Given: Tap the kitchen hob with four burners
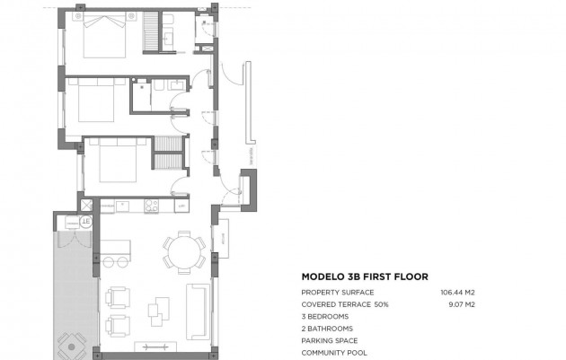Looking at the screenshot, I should click(151, 206).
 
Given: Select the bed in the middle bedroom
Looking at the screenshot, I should click(97, 101).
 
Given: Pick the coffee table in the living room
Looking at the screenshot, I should click(159, 309).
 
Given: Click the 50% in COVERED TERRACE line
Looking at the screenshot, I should click(381, 304).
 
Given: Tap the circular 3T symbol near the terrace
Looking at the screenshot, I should click(86, 221).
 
